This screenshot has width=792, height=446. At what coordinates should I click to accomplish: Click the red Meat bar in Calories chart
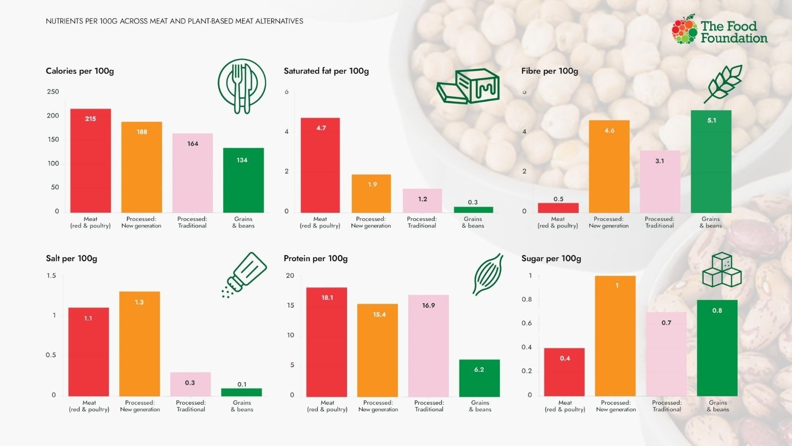pyautogui.click(x=91, y=161)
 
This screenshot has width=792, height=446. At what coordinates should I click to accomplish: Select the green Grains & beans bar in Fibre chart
pyautogui.click(x=711, y=162)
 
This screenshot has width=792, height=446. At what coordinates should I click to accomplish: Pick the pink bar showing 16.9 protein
pyautogui.click(x=429, y=345)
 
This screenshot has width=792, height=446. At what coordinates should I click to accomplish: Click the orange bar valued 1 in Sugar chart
pyautogui.click(x=615, y=335)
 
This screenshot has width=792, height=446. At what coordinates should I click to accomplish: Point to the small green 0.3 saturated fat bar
pyautogui.click(x=473, y=210)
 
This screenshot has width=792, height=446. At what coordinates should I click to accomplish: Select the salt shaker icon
pyautogui.click(x=244, y=275)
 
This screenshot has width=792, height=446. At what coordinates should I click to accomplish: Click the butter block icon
pyautogui.click(x=468, y=86)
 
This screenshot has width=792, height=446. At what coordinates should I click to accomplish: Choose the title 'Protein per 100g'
pyautogui.click(x=315, y=258)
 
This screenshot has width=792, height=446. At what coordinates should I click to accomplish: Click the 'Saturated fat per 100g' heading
pyautogui.click(x=326, y=71)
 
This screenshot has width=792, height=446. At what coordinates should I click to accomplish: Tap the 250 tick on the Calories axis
pyautogui.click(x=53, y=92)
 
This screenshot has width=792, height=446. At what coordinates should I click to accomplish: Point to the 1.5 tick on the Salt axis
pyautogui.click(x=51, y=276)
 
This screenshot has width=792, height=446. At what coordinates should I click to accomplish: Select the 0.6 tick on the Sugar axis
pyautogui.click(x=527, y=323)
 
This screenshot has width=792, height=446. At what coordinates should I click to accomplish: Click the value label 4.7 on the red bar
pyautogui.click(x=321, y=128)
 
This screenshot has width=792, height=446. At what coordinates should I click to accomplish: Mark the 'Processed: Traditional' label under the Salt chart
pyautogui.click(x=191, y=406)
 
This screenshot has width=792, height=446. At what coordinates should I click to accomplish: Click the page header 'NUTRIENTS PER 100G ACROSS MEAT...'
pyautogui.click(x=174, y=21)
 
